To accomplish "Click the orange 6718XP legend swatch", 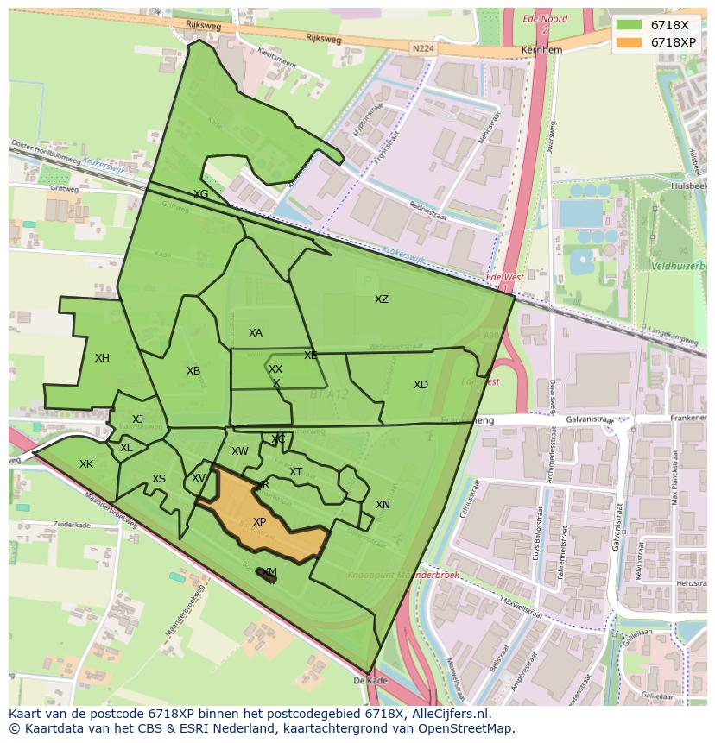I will [x=628, y=41].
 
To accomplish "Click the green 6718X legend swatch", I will [x=628, y=25].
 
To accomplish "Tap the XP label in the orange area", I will [x=259, y=522].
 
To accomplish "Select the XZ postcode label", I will [x=381, y=299].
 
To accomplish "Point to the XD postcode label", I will [x=421, y=385].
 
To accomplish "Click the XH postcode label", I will [x=102, y=358].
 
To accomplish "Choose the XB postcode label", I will [x=193, y=371].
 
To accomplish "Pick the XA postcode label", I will [x=256, y=333].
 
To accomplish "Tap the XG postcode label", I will [x=200, y=194].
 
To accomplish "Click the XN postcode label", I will [x=383, y=505].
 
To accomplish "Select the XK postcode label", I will [x=86, y=464].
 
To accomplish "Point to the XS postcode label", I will [x=159, y=479].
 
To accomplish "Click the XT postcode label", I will [x=296, y=472].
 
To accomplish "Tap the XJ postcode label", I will [x=137, y=419].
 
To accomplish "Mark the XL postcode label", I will [x=126, y=448].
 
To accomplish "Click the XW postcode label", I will [x=239, y=451].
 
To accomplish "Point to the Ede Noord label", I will [x=544, y=18].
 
